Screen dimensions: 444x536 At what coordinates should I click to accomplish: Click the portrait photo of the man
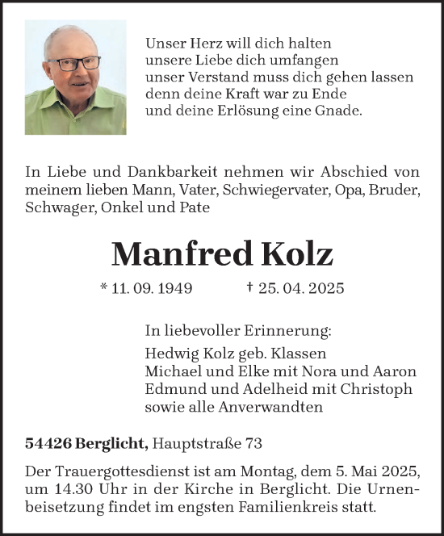75,77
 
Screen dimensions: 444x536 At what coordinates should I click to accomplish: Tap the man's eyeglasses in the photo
74,63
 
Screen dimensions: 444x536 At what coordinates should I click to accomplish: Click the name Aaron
397,371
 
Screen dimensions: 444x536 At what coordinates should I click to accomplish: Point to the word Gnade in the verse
341,111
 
